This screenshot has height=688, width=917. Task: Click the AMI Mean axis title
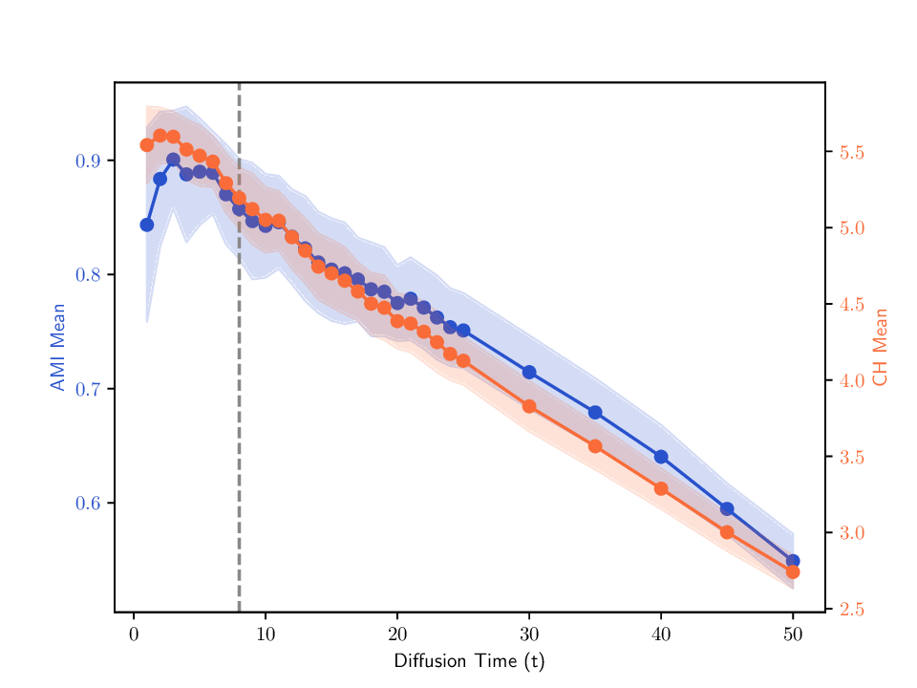tap(58, 347)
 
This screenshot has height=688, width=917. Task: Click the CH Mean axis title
tap(881, 347)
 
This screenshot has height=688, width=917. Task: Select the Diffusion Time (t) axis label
tap(469, 661)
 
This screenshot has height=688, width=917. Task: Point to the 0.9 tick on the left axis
tap(88, 161)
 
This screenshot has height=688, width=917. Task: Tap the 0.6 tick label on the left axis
tap(88, 504)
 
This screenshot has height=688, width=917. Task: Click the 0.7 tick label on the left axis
tap(88, 389)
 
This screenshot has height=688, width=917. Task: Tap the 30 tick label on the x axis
tap(529, 634)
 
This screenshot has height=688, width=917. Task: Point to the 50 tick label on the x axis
tap(792, 634)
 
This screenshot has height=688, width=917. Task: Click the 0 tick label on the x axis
tap(134, 634)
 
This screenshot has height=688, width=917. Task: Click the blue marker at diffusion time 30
tap(529, 372)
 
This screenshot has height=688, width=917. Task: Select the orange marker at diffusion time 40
tap(661, 488)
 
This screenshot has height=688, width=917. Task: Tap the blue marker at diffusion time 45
tap(727, 508)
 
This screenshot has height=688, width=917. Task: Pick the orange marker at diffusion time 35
tap(595, 446)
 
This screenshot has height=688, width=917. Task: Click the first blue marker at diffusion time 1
tap(147, 225)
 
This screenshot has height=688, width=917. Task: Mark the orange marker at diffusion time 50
tap(793, 571)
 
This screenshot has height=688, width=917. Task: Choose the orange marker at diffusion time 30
tap(529, 406)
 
